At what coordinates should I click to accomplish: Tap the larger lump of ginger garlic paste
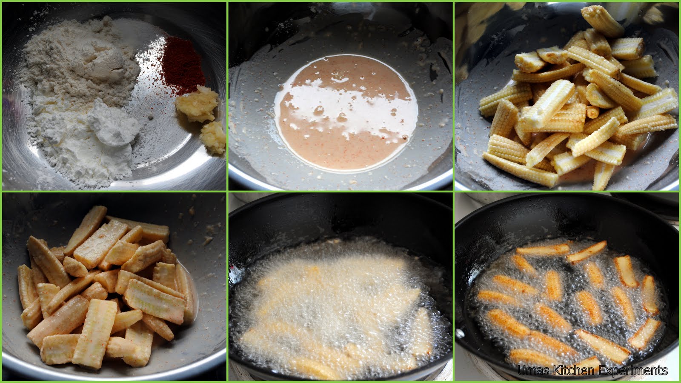coord(197,104)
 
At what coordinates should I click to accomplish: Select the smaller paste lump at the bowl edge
coord(213,137)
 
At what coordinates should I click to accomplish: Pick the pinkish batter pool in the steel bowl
coord(346,113)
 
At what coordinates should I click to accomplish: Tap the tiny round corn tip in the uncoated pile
coord(592,112)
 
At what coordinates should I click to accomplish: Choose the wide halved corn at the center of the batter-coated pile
coord(155,301)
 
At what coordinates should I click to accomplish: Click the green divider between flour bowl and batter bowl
coord(227,96)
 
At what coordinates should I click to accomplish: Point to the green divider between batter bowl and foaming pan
coord(340,191)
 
